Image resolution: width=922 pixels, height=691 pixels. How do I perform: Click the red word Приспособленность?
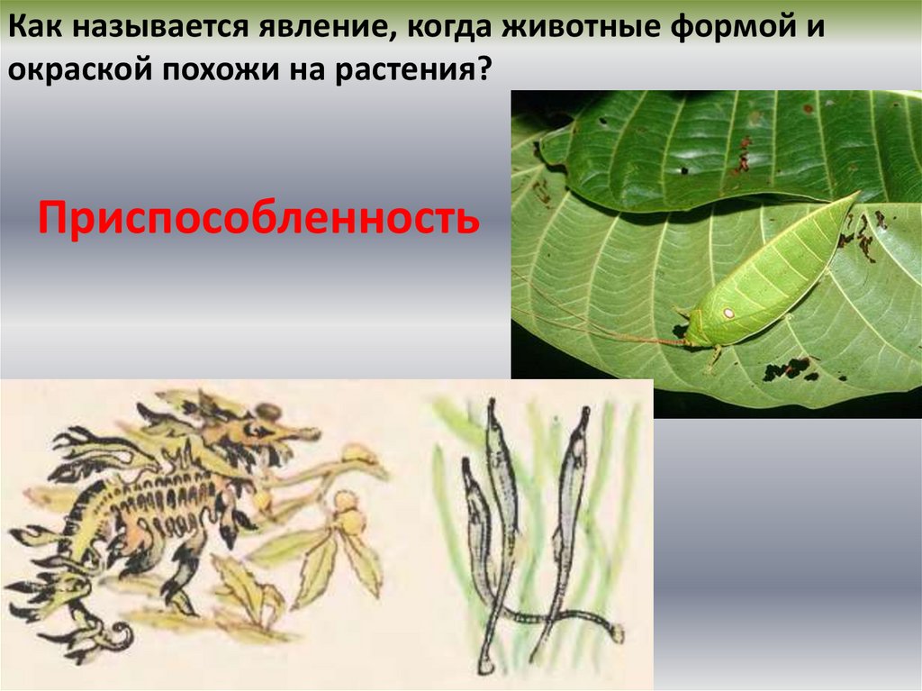pos(258,218)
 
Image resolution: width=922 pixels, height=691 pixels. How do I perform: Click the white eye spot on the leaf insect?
pos(728,313)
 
